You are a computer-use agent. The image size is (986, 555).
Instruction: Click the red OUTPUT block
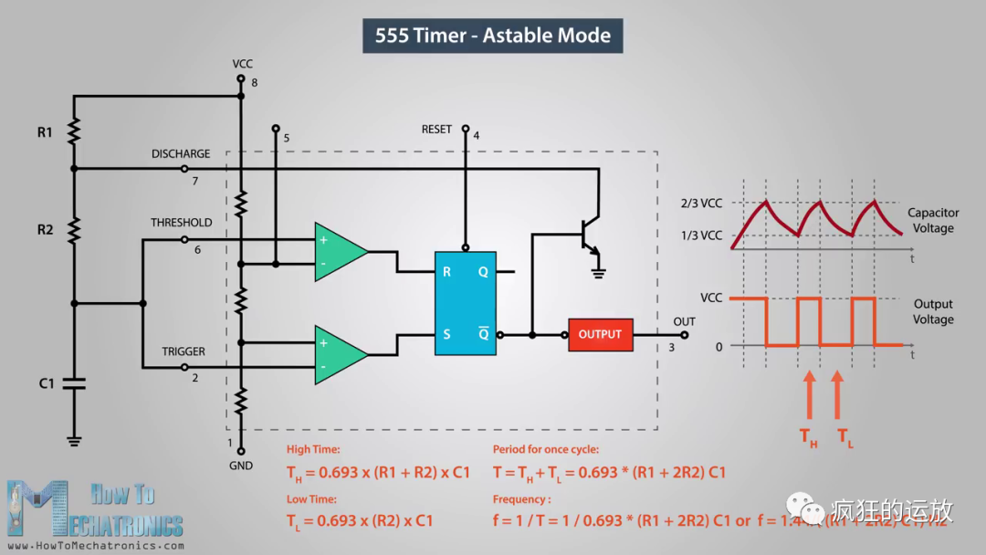pos(600,334)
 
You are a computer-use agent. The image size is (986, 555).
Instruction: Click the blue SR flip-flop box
pos(466,303)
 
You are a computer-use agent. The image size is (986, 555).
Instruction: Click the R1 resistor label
pos(45,132)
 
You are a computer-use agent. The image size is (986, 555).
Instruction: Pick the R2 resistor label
pos(45,229)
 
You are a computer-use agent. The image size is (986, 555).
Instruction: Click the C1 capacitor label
pos(47,383)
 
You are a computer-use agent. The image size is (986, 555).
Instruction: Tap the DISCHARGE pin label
pos(181,154)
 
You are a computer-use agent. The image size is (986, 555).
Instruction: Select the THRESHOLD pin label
pos(181,223)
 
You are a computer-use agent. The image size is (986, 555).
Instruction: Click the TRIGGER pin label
pos(184,351)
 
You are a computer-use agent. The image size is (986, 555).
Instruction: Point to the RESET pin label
pos(436,130)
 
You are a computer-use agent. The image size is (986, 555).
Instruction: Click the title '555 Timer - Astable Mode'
pos(493,36)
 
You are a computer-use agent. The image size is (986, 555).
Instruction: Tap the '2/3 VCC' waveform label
pos(700,203)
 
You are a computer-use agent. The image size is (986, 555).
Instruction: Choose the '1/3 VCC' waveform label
pos(700,236)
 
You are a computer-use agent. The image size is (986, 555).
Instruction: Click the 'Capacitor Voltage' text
pos(933,220)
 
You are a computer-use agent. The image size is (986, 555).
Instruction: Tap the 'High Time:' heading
pos(313,449)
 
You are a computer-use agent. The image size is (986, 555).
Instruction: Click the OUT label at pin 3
pos(684,321)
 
